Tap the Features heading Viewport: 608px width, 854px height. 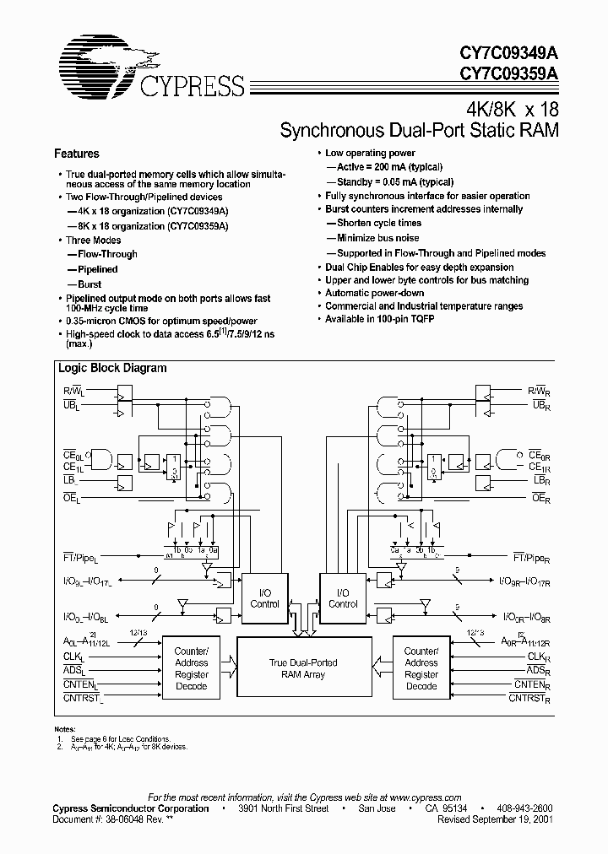point(76,154)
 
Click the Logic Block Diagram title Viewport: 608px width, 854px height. point(111,368)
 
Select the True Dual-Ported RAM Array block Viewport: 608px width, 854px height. point(305,668)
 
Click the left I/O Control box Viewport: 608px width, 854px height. point(265,598)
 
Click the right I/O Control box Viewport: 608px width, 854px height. point(343,598)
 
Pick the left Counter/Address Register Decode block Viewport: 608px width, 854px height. point(191,668)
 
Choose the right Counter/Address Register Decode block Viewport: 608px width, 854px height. point(421,668)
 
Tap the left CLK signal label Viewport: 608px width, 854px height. point(73,656)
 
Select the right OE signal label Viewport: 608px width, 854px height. point(540,499)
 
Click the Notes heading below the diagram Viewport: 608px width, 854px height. point(65,728)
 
